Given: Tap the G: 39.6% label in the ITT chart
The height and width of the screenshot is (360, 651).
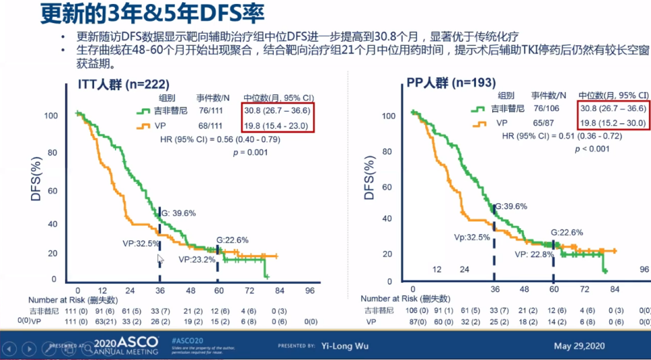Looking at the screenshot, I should pos(178,213).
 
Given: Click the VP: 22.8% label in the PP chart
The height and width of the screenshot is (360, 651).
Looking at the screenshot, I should pos(535,254).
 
